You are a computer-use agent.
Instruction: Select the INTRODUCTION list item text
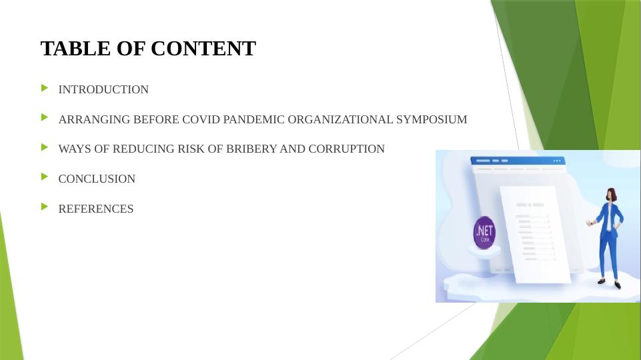click(x=103, y=89)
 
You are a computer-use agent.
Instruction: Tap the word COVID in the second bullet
click(x=201, y=120)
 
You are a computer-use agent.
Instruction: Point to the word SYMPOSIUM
click(x=432, y=120)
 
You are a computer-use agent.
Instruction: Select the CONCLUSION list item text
click(x=97, y=179)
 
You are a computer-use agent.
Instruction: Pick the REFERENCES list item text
click(x=96, y=209)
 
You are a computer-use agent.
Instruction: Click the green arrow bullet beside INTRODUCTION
click(x=45, y=88)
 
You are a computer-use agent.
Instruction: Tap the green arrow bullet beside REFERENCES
click(x=45, y=207)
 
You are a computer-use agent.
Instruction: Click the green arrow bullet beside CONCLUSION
click(x=45, y=177)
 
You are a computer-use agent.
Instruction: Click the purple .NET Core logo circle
click(x=484, y=233)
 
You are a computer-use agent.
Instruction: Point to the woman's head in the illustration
click(x=610, y=195)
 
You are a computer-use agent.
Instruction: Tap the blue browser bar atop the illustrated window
click(x=517, y=161)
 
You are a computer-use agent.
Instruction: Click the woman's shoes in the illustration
click(x=610, y=283)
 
